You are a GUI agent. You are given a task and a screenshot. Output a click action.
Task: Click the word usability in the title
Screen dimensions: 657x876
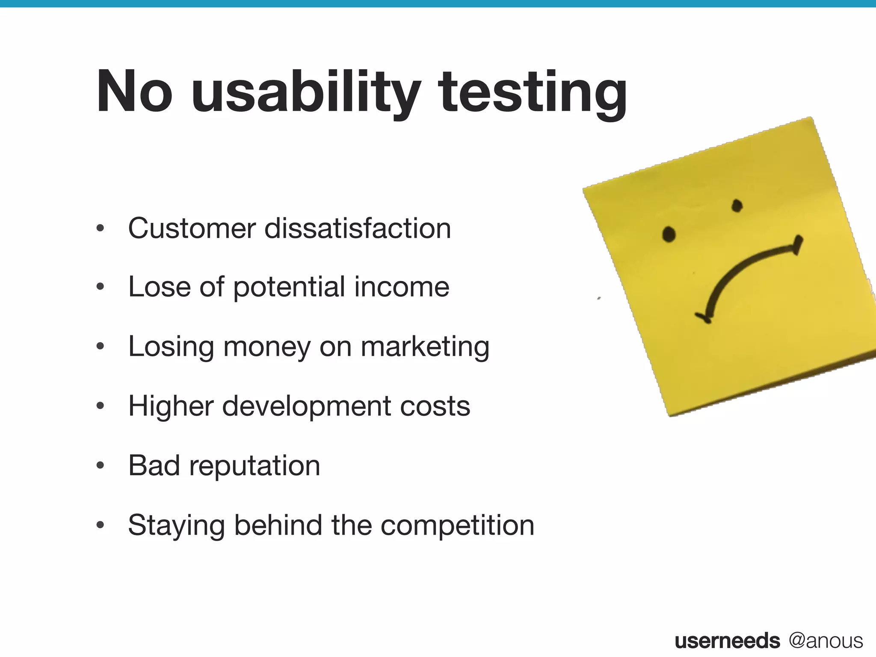pyautogui.click(x=306, y=92)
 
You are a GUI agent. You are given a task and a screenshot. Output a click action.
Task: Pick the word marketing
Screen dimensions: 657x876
pyautogui.click(x=425, y=346)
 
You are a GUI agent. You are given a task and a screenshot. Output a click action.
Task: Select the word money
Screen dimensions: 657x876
pyautogui.click(x=267, y=346)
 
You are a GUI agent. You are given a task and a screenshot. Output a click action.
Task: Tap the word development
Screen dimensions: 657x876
pyautogui.click(x=307, y=406)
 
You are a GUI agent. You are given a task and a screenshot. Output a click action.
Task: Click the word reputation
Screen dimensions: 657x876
pyautogui.click(x=255, y=465)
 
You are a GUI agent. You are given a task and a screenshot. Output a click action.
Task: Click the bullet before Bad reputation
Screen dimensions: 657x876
pyautogui.click(x=100, y=465)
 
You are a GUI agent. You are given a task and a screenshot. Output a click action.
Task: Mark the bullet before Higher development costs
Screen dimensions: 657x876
pyautogui.click(x=100, y=406)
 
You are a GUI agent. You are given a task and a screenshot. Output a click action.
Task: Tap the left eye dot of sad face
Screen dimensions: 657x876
pyautogui.click(x=669, y=234)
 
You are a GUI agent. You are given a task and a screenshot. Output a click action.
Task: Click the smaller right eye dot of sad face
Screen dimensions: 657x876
pyautogui.click(x=737, y=206)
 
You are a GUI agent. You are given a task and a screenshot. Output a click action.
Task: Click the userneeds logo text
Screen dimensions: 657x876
pyautogui.click(x=727, y=640)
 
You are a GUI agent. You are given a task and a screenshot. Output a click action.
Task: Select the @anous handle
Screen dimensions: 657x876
pyautogui.click(x=826, y=640)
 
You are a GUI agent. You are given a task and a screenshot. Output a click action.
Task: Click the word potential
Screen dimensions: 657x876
pyautogui.click(x=289, y=287)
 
